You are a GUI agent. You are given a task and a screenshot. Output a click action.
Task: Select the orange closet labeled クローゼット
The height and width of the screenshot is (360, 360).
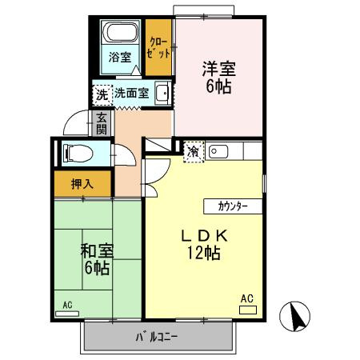[x=158, y=46]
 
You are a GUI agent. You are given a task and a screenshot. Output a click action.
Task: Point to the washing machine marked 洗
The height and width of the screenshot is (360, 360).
[x=102, y=94]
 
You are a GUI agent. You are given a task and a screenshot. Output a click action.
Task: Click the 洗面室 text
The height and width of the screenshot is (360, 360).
[x=131, y=93]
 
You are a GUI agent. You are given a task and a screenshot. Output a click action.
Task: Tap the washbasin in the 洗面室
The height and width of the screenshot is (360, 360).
[x=162, y=93]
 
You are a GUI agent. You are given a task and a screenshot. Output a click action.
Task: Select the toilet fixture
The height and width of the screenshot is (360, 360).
[x=78, y=152]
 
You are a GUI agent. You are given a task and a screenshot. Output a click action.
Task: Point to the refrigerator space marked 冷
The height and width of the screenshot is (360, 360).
[x=194, y=150]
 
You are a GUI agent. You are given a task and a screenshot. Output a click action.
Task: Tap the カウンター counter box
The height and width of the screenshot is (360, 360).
[x=232, y=206]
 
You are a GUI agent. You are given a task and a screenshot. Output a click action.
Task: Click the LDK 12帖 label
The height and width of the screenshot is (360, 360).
[x=204, y=244]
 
